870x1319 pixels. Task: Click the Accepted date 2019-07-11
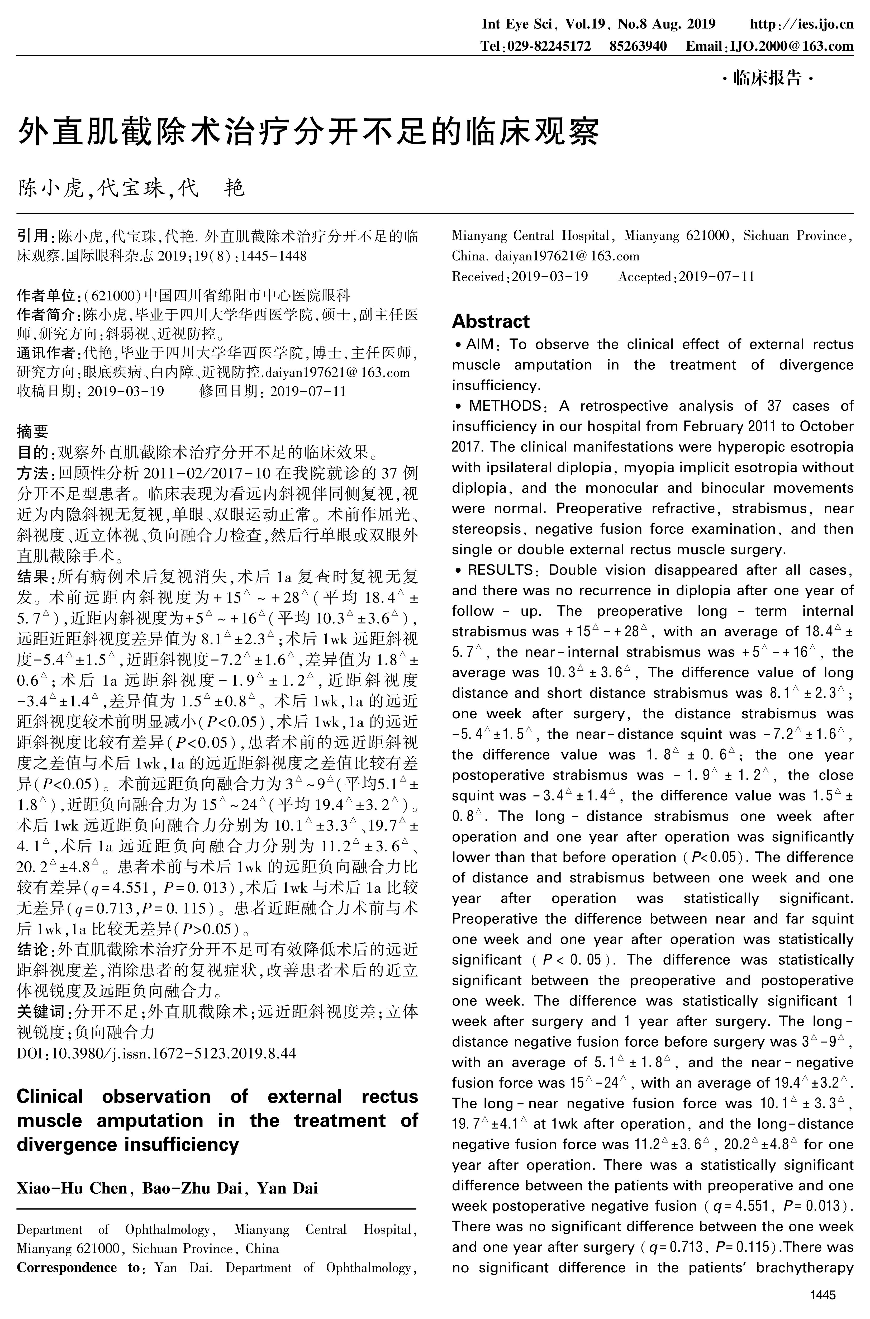(x=717, y=276)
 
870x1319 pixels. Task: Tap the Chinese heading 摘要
(x=32, y=431)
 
